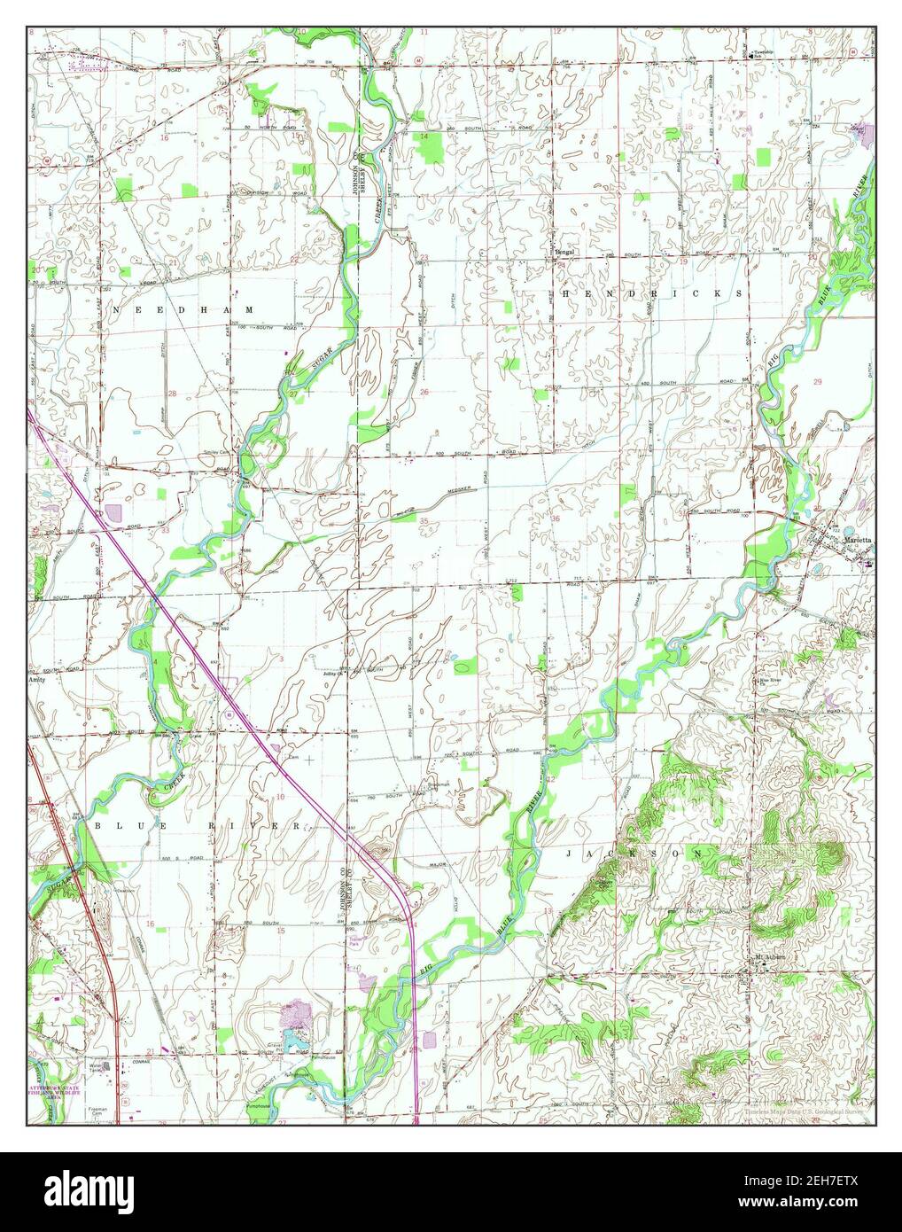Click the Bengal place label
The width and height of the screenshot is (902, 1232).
pyautogui.click(x=564, y=252)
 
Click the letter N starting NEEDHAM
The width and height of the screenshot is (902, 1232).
pyautogui.click(x=115, y=310)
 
